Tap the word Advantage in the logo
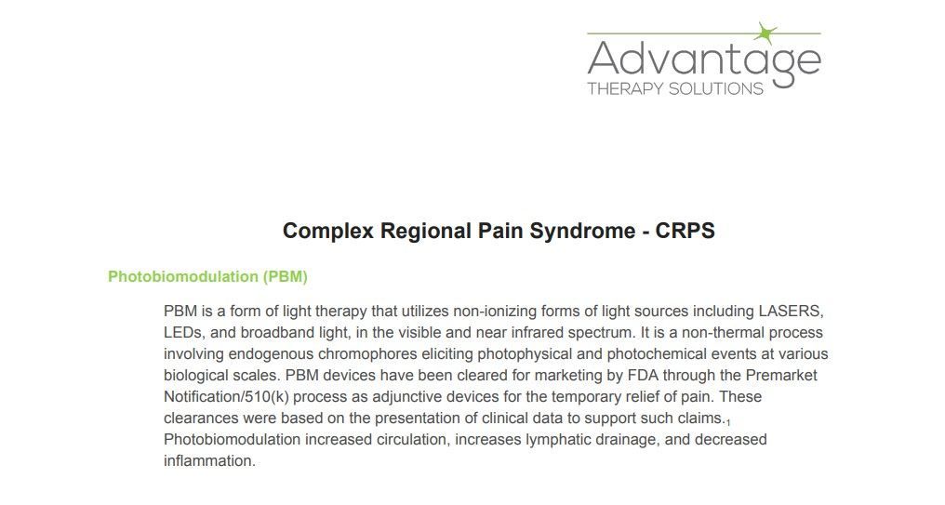(x=703, y=60)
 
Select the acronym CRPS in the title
(x=685, y=231)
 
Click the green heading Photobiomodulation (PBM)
(x=207, y=276)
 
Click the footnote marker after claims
(x=728, y=423)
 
